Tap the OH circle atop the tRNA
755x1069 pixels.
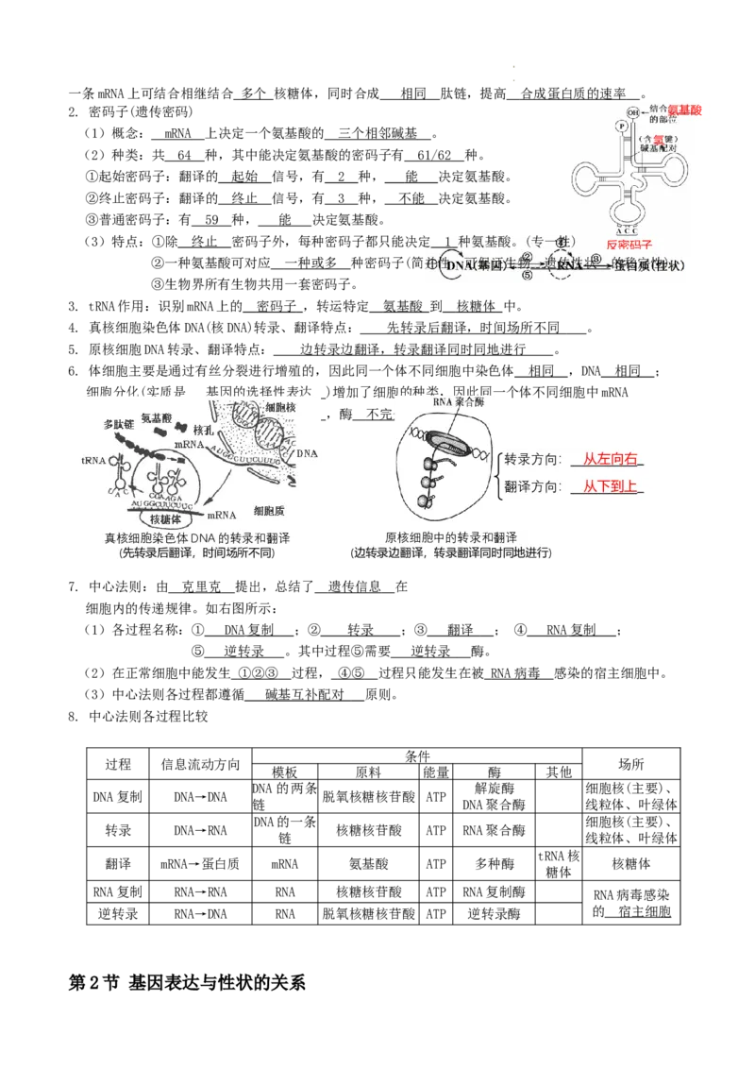pyautogui.click(x=634, y=113)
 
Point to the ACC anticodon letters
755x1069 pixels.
pyautogui.click(x=627, y=229)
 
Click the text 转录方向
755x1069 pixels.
pyautogui.click(x=533, y=459)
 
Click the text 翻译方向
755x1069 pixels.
pyautogui.click(x=533, y=486)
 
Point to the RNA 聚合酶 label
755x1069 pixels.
pyautogui.click(x=457, y=401)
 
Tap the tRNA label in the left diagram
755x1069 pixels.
pyautogui.click(x=94, y=462)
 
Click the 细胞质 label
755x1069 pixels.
pyautogui.click(x=268, y=509)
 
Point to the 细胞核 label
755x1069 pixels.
pyautogui.click(x=280, y=406)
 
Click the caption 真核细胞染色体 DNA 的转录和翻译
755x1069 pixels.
pyautogui.click(x=196, y=538)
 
